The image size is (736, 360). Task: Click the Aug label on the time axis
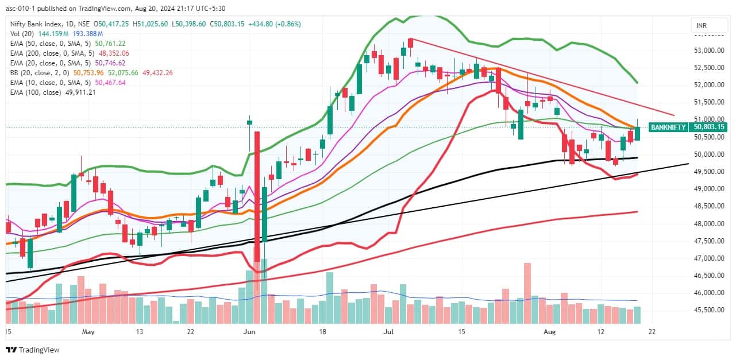550,332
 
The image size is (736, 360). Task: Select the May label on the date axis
87,332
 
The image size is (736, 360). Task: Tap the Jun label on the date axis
249,332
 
